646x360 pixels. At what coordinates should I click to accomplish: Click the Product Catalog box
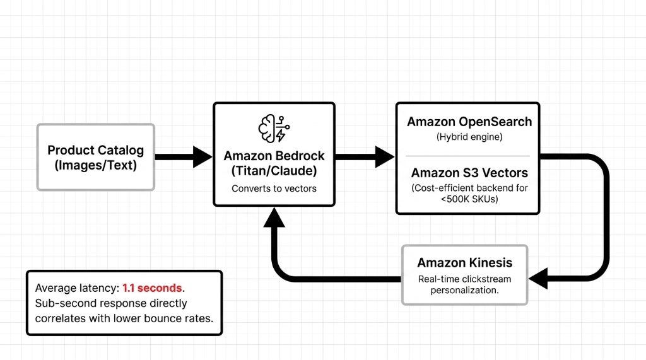click(x=96, y=157)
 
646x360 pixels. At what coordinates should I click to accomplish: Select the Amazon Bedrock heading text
click(x=274, y=156)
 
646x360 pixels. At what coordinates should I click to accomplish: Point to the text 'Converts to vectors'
click(x=274, y=189)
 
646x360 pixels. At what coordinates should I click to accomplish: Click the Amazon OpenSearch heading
click(x=469, y=122)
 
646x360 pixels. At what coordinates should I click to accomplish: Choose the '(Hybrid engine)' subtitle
click(x=468, y=137)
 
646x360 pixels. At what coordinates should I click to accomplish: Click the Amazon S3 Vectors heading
click(x=469, y=173)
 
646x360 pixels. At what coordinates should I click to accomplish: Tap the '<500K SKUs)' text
click(x=469, y=199)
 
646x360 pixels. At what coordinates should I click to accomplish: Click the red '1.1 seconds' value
click(x=153, y=288)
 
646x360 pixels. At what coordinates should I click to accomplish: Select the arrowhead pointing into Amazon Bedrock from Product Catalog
click(x=203, y=157)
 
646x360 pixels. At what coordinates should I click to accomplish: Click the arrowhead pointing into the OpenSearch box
click(x=385, y=157)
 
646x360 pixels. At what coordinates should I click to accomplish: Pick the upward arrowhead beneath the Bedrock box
click(x=274, y=219)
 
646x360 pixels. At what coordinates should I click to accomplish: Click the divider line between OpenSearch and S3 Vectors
click(x=468, y=156)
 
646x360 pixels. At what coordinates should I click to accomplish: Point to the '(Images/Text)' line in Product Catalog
click(x=96, y=166)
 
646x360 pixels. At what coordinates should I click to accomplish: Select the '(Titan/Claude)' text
click(x=274, y=171)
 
